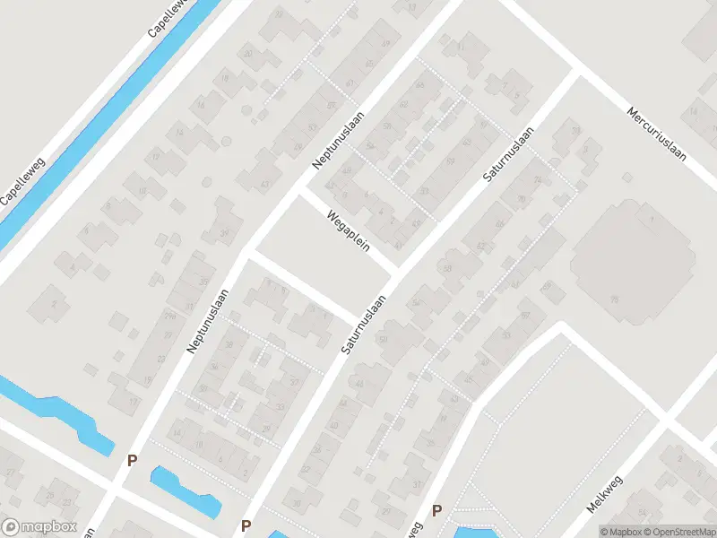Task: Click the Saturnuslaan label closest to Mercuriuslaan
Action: [508, 155]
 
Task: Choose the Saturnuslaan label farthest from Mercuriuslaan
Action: [363, 324]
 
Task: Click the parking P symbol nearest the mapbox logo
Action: [132, 461]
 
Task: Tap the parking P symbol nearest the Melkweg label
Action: [437, 511]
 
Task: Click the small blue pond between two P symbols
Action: [185, 490]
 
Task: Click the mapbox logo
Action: [38, 527]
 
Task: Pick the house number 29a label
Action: [169, 316]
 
